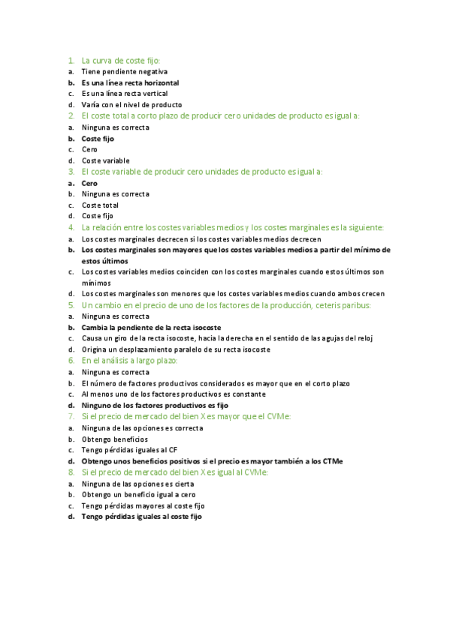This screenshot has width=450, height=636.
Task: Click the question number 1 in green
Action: click(x=71, y=60)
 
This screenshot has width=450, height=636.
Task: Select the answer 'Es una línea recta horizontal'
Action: click(x=130, y=82)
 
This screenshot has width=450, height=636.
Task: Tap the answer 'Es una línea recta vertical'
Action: click(x=124, y=94)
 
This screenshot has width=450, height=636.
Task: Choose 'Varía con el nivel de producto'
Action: click(x=131, y=105)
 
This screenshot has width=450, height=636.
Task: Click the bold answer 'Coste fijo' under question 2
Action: click(x=98, y=139)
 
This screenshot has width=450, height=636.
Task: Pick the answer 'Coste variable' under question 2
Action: click(x=105, y=160)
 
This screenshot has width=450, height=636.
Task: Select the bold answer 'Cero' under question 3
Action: click(x=89, y=183)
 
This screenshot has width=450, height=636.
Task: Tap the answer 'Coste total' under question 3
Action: click(x=100, y=205)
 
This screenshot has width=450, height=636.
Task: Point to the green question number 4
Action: click(x=71, y=227)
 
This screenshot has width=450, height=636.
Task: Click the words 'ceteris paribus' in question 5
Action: click(x=345, y=305)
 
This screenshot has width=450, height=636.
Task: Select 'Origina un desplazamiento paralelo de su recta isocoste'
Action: click(x=176, y=349)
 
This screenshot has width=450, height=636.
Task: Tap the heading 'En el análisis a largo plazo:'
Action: click(x=129, y=361)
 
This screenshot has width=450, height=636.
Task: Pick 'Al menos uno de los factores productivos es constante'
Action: click(x=173, y=394)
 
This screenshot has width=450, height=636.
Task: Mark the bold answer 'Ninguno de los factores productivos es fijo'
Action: click(x=155, y=405)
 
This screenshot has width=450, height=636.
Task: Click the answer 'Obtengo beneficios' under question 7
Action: click(x=114, y=439)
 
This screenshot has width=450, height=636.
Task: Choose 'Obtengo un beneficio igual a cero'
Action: click(x=138, y=494)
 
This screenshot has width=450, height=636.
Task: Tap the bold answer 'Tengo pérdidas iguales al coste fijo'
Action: click(x=141, y=517)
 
